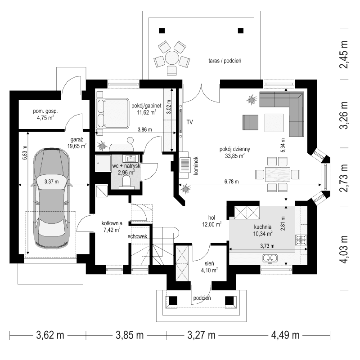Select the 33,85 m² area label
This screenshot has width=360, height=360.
pyautogui.click(x=232, y=157)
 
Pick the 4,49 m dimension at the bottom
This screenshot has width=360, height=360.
pyautogui.click(x=285, y=335)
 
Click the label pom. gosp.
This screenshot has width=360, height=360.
pyautogui.click(x=45, y=111)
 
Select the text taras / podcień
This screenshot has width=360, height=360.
pyautogui.click(x=225, y=60)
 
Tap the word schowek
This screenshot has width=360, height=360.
pyautogui.click(x=137, y=236)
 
